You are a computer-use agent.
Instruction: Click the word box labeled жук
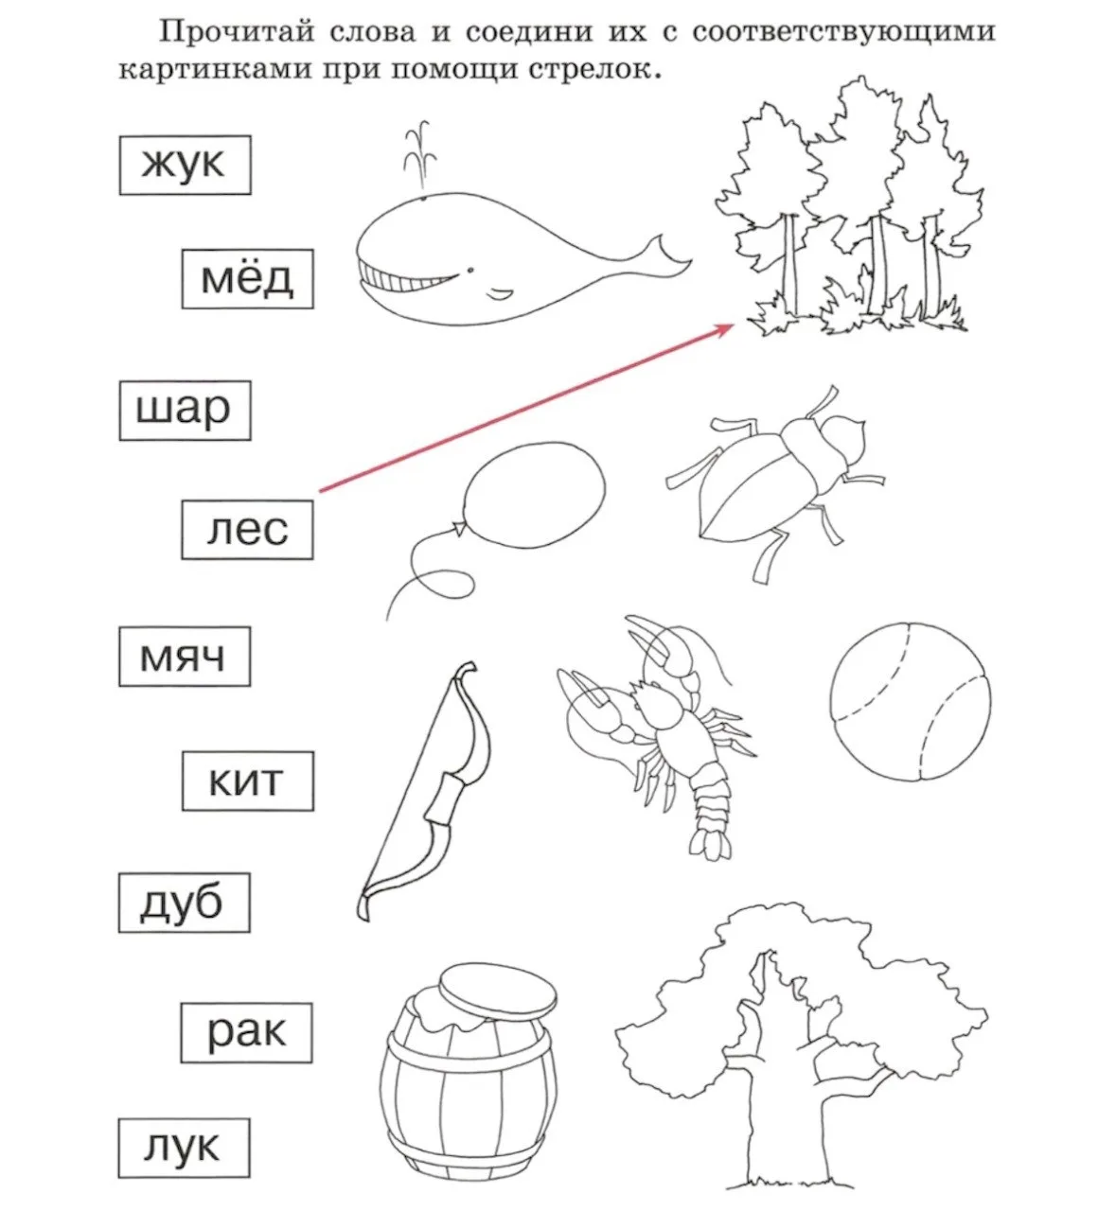click(x=185, y=165)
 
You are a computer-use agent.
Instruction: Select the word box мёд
click(x=248, y=279)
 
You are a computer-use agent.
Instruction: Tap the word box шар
click(x=185, y=411)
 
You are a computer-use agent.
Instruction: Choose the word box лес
click(x=248, y=530)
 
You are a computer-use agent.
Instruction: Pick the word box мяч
click(x=185, y=657)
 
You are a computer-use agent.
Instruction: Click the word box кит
click(x=248, y=781)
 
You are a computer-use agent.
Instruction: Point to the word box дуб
click(x=185, y=903)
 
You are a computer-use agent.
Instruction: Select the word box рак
click(x=246, y=1033)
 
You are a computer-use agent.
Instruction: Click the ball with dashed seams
click(x=911, y=703)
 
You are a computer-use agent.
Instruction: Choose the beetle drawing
click(x=776, y=483)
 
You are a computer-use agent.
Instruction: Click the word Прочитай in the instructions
click(x=237, y=31)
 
